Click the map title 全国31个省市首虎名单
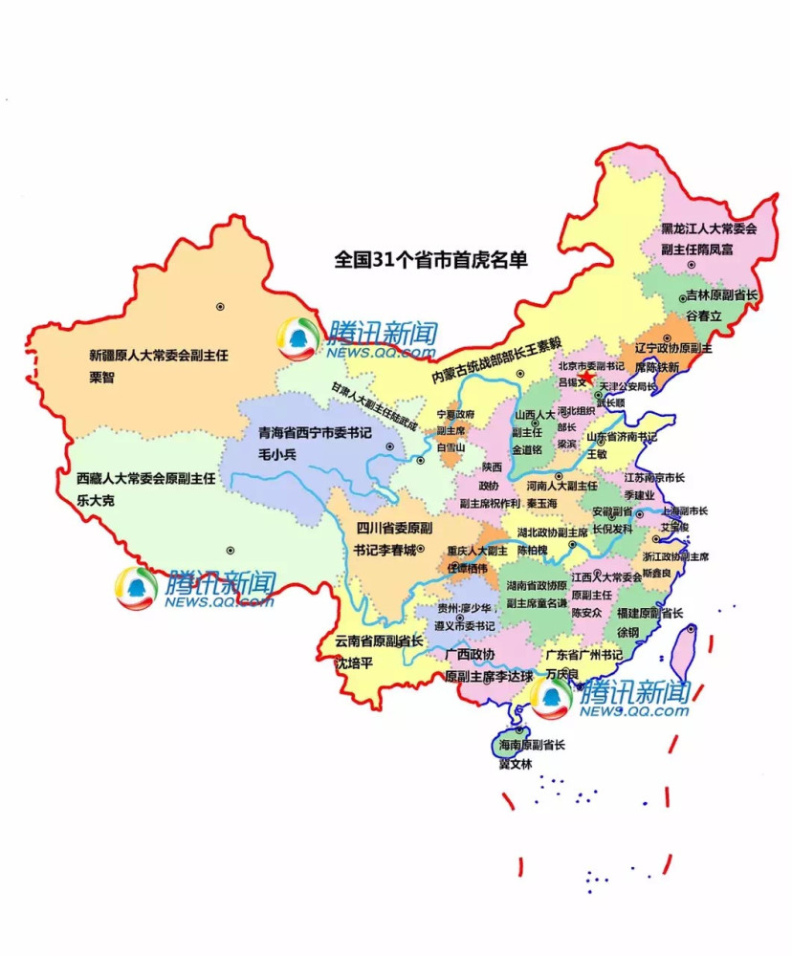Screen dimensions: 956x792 [x=430, y=259]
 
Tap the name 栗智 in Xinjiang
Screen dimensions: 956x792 [x=101, y=377]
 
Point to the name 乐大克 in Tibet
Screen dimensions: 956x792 [x=96, y=498]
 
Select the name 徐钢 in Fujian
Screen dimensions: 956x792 [x=627, y=632]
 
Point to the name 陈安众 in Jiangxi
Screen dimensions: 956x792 [x=586, y=612]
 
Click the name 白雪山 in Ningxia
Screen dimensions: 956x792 [x=450, y=446]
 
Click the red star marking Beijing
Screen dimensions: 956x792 [x=597, y=380]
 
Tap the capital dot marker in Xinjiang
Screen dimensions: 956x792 [x=220, y=307]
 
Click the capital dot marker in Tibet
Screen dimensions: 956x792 [x=230, y=550]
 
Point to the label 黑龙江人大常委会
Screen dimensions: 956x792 [x=709, y=229]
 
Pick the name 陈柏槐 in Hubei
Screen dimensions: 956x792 [x=533, y=550]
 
